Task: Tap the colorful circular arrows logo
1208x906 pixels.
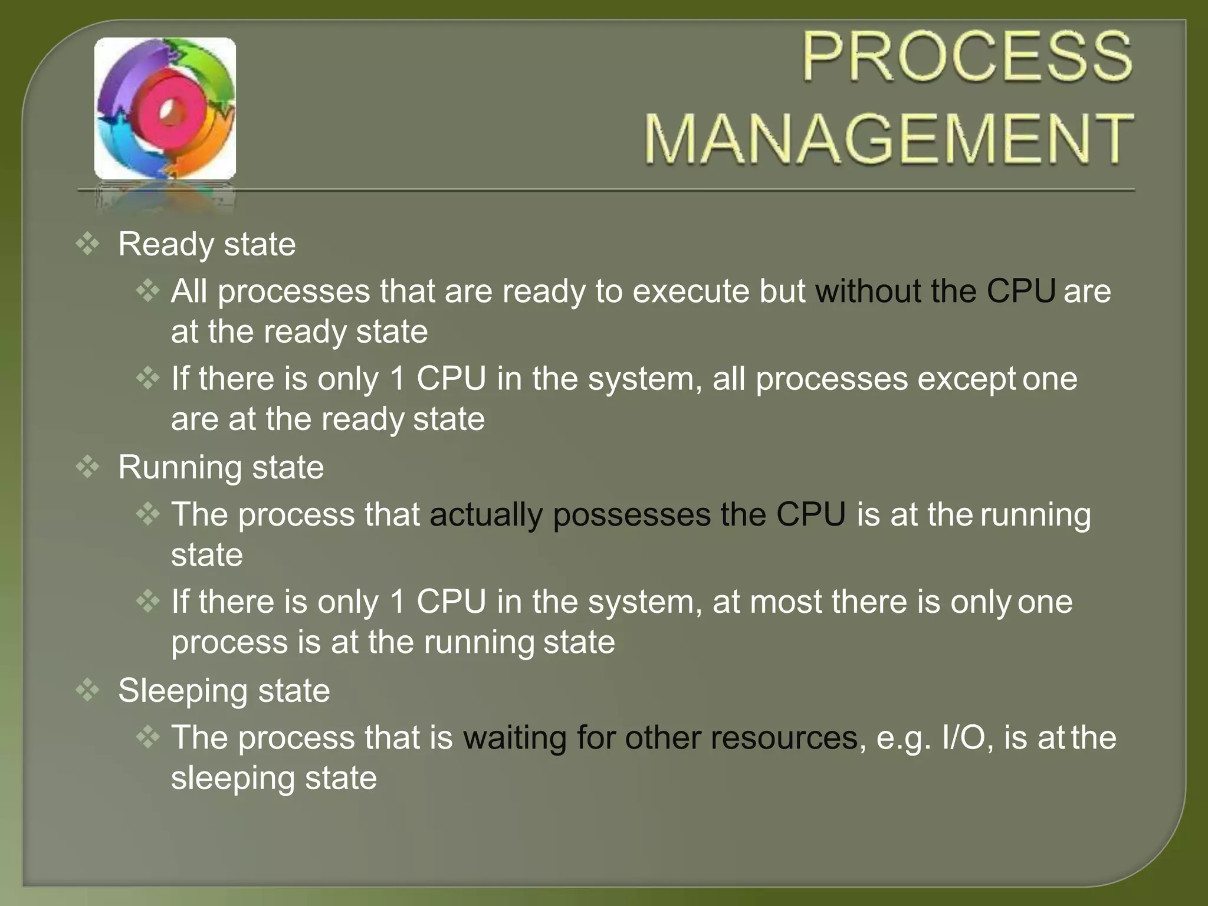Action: [165, 109]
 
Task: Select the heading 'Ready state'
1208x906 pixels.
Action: [206, 244]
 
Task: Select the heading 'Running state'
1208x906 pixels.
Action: [221, 468]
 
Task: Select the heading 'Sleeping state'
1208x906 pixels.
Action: [224, 691]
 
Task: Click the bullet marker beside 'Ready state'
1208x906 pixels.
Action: [88, 244]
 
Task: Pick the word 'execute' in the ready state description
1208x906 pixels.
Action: [691, 291]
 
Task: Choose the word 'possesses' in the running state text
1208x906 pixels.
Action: [632, 514]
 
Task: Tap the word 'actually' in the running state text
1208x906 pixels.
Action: [486, 514]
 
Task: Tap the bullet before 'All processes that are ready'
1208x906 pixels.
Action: [147, 290]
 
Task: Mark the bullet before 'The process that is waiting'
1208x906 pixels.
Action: [147, 736]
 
